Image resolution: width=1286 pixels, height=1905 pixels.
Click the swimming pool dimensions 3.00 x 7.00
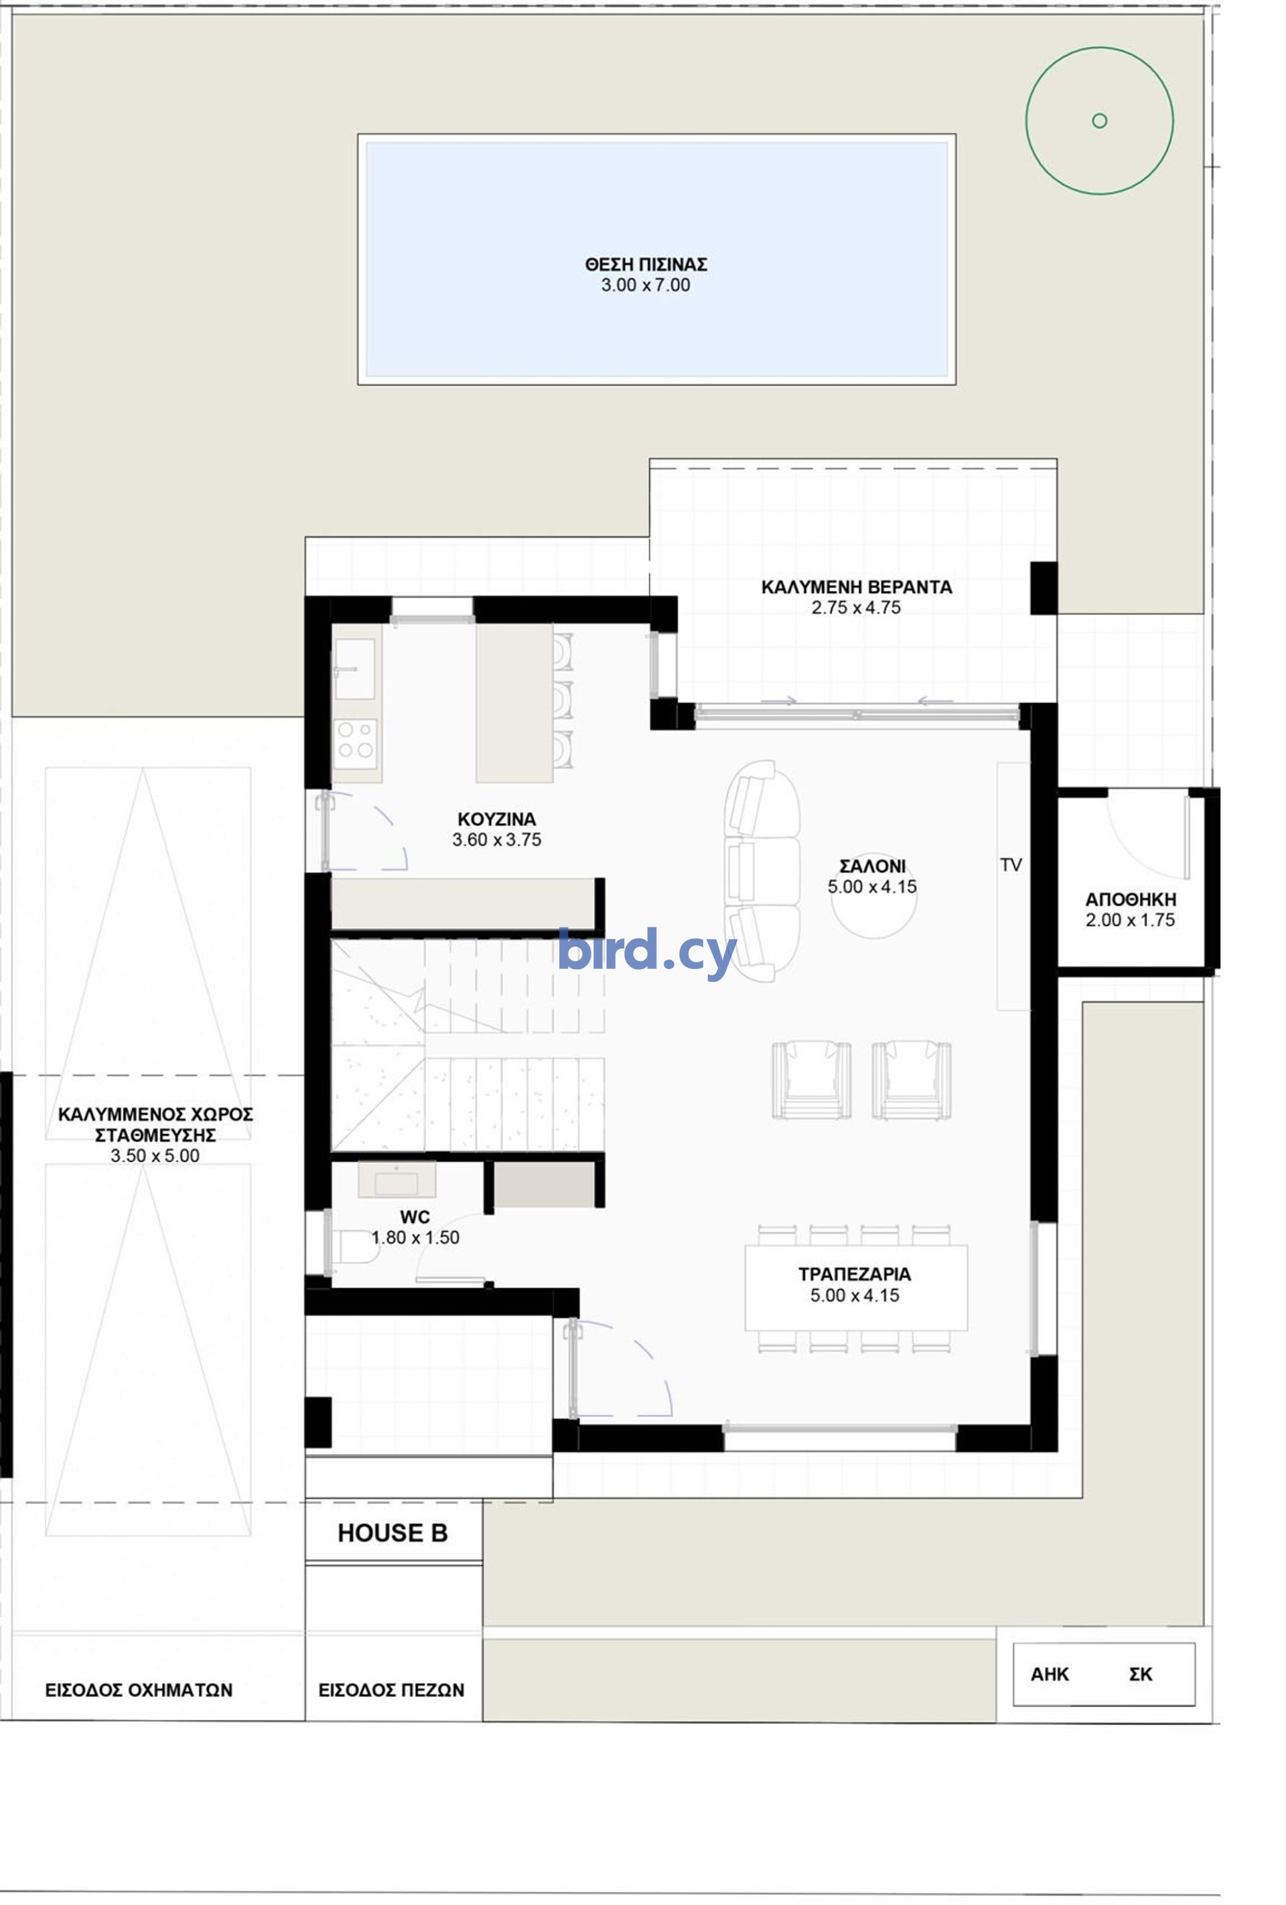tap(645, 285)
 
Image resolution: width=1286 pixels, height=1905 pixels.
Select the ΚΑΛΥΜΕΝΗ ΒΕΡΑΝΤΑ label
tap(857, 587)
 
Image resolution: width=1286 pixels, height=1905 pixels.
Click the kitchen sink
tap(355, 669)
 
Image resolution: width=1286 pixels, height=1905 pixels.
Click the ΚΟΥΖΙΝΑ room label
tap(497, 819)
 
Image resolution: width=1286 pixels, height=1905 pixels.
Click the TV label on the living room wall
tap(1011, 865)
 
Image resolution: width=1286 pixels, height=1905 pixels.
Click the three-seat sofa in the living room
tap(762, 870)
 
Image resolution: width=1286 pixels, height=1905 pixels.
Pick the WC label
tap(415, 1218)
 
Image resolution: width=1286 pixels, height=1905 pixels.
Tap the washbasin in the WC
tap(397, 1181)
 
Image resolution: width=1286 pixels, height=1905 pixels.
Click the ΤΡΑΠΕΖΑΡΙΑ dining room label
tap(855, 1274)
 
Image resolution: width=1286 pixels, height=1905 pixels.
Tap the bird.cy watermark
tap(647, 951)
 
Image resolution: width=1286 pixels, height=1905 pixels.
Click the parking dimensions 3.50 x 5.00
tap(155, 1156)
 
